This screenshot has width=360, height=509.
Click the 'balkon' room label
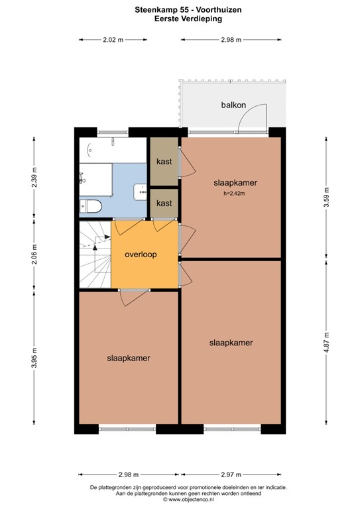(234, 105)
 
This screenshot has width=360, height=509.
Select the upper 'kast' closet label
(164, 162)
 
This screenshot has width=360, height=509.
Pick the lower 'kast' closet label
(164, 203)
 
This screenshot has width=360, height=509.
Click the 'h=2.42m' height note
(234, 194)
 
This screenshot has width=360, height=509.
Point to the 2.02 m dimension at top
(113, 40)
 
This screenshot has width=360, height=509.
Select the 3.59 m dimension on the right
(326, 197)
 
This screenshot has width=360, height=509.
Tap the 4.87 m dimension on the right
(326, 343)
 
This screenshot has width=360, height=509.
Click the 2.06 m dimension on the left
(34, 254)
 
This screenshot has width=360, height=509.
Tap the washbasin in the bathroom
(140, 191)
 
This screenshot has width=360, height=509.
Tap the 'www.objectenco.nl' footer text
(183, 499)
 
